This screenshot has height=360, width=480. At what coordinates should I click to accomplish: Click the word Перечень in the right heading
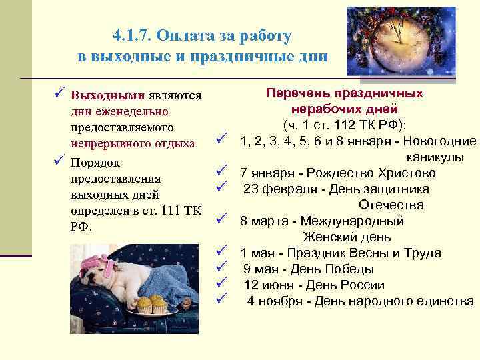297,94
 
